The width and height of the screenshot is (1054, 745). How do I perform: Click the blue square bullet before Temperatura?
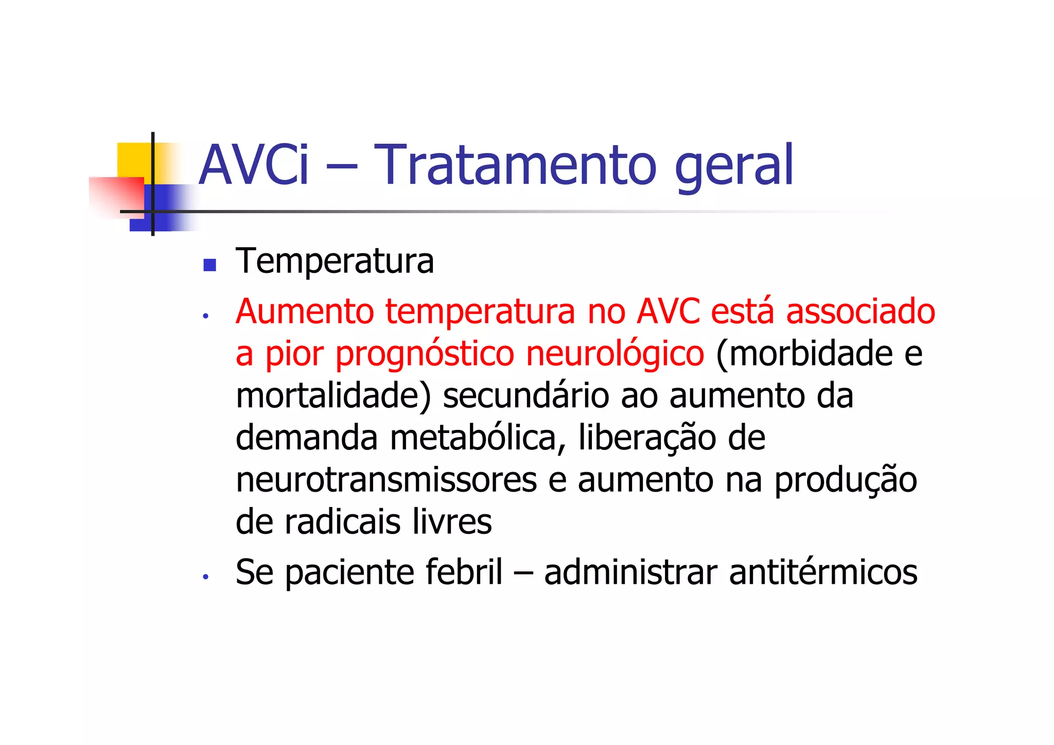pos(209,265)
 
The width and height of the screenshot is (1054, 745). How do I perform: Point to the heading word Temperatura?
pos(335,262)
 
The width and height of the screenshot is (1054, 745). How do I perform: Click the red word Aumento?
pos(305,311)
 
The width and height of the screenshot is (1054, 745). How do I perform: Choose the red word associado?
pos(860,311)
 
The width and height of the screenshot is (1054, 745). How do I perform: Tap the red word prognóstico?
pos(425,355)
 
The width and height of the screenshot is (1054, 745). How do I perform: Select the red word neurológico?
pos(615,355)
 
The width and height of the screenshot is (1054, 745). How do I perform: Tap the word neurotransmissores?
pos(386,480)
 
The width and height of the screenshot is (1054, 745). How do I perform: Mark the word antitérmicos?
pos(823,572)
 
